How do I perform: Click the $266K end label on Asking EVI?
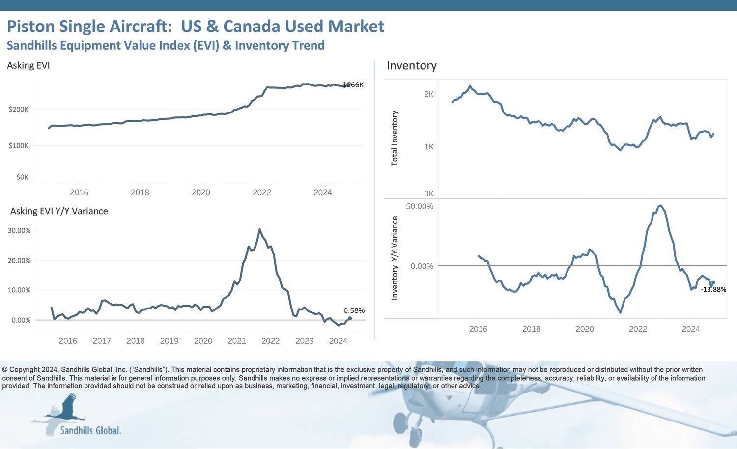[353, 85]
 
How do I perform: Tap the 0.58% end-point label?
[354, 310]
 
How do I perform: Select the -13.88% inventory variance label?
[713, 289]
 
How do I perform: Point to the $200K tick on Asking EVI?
[19, 109]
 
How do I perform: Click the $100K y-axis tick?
[19, 146]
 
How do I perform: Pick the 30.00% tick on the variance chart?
[19, 230]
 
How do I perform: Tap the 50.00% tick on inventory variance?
[420, 206]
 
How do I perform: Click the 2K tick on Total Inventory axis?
[428, 94]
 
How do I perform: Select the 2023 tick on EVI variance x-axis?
[305, 341]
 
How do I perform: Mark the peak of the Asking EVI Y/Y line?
[260, 229]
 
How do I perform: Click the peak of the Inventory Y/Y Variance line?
[660, 205]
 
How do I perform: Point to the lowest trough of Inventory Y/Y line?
[621, 312]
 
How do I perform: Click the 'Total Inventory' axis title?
[394, 138]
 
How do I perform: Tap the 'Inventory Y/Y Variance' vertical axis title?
[394, 258]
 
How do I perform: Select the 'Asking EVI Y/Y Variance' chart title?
[59, 211]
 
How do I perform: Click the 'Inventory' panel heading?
[412, 66]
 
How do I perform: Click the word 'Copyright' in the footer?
[25, 370]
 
